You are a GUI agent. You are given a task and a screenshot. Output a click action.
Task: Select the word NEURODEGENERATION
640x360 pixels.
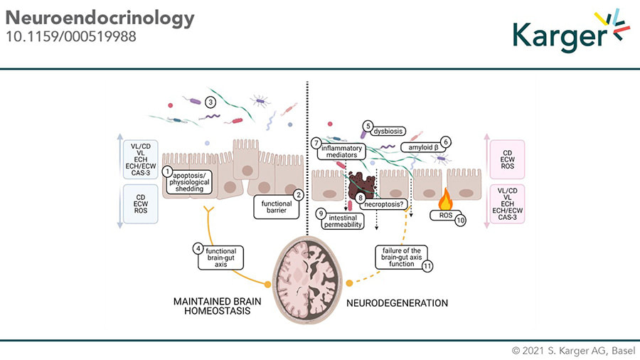398,303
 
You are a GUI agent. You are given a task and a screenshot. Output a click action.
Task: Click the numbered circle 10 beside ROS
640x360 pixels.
460,221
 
